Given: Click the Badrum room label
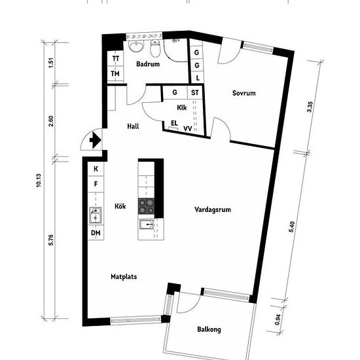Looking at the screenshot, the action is [x=148, y=64].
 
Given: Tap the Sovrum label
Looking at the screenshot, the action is [x=244, y=93].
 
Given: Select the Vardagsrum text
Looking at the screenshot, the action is [x=213, y=209].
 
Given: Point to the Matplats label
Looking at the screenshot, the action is [x=124, y=277].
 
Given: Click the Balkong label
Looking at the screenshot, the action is [x=209, y=329].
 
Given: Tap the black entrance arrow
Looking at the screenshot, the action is [x=96, y=140].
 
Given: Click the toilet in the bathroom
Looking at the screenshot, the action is [x=155, y=48].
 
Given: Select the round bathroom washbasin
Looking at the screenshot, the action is [x=136, y=46].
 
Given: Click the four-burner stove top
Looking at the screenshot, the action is [x=146, y=206].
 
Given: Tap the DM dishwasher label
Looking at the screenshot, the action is [x=96, y=233].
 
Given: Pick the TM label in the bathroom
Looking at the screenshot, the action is [x=115, y=74].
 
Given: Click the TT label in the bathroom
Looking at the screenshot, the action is [x=116, y=58].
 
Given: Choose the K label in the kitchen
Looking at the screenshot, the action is [x=96, y=169].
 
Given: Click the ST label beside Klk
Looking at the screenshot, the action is [x=195, y=92].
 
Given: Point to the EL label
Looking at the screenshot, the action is [x=174, y=123].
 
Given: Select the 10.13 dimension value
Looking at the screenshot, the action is [x=39, y=180].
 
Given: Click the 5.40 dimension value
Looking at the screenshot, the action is [x=291, y=227].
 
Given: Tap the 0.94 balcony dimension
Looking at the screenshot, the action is [x=278, y=319].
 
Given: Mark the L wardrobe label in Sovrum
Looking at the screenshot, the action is [x=198, y=78].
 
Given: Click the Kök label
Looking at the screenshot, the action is [x=120, y=206].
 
